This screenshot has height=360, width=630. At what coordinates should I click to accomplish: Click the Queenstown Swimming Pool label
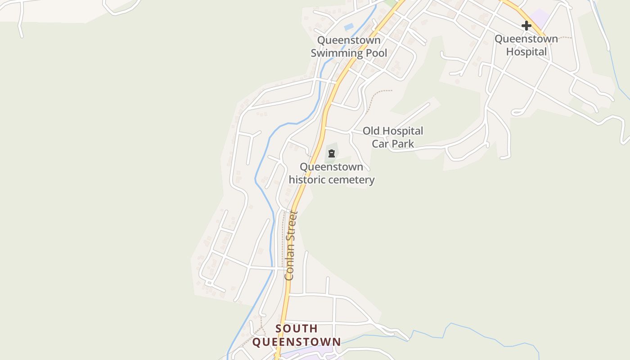tap(349, 47)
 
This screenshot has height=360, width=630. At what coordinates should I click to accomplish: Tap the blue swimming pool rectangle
tap(349, 27)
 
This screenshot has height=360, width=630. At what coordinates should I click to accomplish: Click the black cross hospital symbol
tap(526, 26)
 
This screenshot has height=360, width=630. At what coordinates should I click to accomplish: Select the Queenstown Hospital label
tap(526, 45)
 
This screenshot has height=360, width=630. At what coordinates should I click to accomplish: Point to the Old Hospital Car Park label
tap(393, 137)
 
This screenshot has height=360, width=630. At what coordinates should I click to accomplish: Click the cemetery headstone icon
tap(332, 153)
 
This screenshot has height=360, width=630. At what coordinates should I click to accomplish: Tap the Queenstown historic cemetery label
tap(332, 173)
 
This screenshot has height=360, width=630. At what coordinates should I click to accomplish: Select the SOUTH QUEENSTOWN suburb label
tap(297, 335)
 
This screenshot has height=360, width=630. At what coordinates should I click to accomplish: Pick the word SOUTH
tap(297, 328)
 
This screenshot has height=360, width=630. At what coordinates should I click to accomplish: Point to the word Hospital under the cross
tap(526, 52)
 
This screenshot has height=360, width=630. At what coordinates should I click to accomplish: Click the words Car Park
tap(393, 144)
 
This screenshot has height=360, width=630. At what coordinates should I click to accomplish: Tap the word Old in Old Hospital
tap(372, 131)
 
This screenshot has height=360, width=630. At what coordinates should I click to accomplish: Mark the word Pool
tap(377, 53)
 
